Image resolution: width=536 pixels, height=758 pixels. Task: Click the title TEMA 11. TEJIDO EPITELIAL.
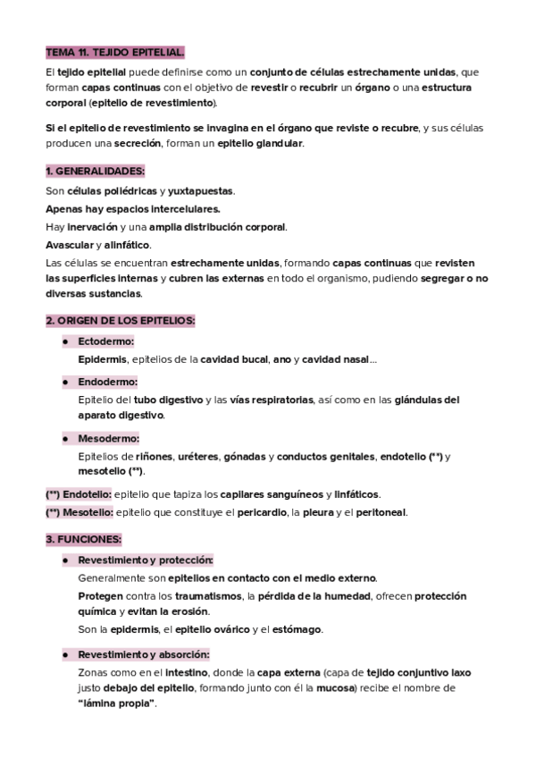click(114, 53)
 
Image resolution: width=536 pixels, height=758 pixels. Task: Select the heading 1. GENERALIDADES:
click(95, 171)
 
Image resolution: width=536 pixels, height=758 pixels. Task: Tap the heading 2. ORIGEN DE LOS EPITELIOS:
click(121, 320)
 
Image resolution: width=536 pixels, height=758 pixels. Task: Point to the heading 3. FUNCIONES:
click(83, 539)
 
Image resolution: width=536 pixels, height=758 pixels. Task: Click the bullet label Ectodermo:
click(105, 341)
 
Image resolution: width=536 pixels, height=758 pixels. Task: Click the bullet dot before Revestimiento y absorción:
click(65, 653)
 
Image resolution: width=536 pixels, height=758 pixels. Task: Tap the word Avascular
click(70, 244)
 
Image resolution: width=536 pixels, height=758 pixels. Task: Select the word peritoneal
click(381, 512)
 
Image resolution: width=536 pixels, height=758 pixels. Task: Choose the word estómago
click(295, 629)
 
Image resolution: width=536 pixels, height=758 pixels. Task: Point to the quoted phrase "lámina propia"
click(118, 703)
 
